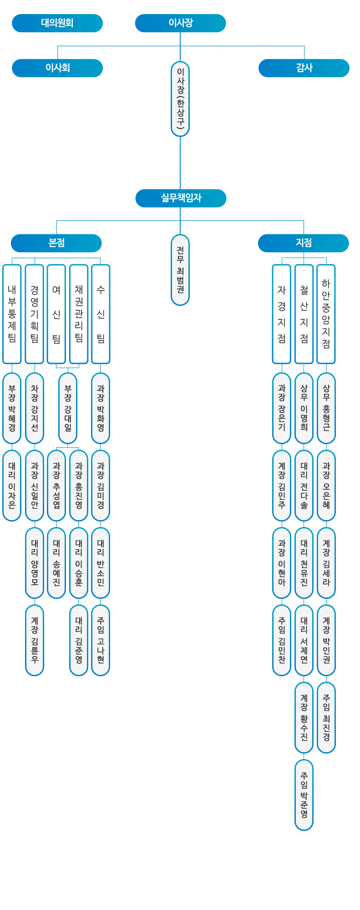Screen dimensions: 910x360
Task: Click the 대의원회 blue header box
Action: coord(57,23)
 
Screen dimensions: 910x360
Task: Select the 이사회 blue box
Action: coord(57,68)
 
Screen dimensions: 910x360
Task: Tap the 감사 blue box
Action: coord(304,68)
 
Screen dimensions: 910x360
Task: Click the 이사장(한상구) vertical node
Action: coord(180,99)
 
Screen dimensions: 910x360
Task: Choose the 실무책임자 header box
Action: coord(181,198)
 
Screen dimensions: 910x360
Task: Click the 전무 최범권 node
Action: coord(180,270)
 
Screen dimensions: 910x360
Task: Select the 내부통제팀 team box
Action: coord(12,314)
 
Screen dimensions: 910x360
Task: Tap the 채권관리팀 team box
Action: coord(79,314)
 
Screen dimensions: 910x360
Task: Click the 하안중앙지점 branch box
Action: coord(326,314)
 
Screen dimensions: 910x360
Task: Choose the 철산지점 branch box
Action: coord(304,314)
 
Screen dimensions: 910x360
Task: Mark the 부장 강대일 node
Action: coord(68,408)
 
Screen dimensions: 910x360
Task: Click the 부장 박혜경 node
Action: coord(12,408)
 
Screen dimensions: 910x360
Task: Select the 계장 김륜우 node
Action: coord(35,640)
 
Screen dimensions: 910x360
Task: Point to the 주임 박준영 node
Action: coord(304,795)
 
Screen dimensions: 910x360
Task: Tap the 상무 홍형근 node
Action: coord(326,408)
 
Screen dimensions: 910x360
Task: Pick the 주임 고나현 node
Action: coord(101,640)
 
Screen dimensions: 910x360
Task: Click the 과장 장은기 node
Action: coord(282,408)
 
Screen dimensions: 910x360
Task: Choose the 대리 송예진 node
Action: coord(56,563)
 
